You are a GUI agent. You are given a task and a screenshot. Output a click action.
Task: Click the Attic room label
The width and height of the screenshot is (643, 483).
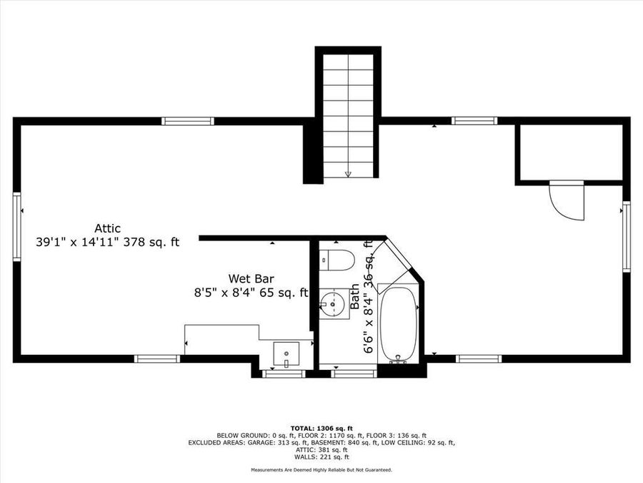[x=107, y=228]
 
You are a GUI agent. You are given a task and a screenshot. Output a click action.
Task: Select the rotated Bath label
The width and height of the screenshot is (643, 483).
[x=355, y=297]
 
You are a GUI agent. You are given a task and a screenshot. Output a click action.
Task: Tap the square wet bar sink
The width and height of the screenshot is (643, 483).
[x=287, y=353]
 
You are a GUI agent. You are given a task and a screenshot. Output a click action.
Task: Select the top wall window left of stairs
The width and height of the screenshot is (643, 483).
[x=187, y=121]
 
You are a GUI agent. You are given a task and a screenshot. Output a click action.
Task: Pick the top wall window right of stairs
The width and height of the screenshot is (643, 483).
[x=474, y=121]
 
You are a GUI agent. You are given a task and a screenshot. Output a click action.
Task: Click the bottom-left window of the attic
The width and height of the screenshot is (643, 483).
[x=157, y=358]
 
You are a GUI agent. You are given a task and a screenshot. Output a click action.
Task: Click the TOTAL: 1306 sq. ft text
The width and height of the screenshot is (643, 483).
[x=321, y=428]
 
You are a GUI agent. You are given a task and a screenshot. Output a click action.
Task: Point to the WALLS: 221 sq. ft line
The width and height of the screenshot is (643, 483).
[x=321, y=457]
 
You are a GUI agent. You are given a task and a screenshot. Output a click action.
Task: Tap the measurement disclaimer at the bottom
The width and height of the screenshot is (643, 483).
[x=321, y=470]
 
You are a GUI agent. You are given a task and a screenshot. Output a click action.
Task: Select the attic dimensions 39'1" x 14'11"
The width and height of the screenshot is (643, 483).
[x=77, y=242]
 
